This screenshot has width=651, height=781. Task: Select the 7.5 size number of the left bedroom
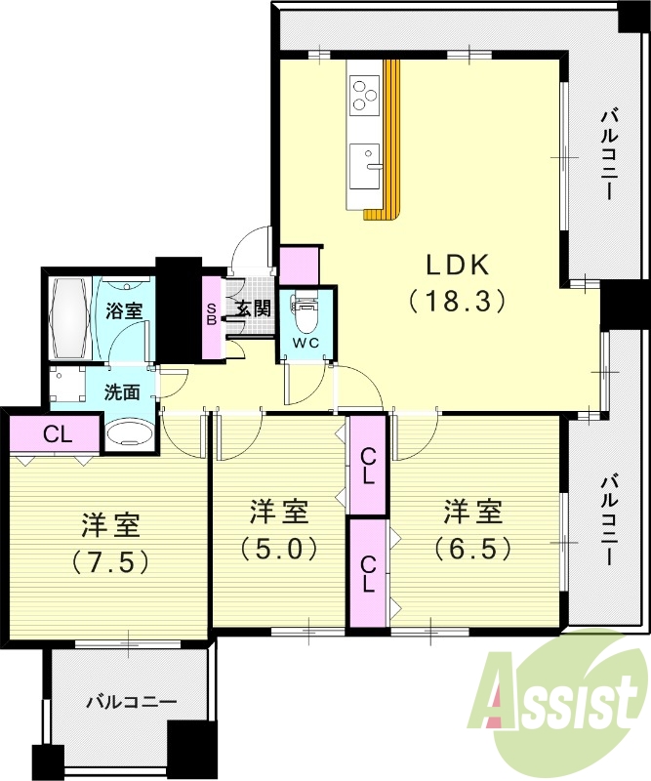[109, 563]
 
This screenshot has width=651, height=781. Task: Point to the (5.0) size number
[280, 548]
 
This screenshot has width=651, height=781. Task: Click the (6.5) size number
[474, 548]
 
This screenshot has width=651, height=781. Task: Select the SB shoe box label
[211, 314]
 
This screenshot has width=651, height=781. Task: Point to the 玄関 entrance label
[253, 309]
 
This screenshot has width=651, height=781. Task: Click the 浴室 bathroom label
[124, 310]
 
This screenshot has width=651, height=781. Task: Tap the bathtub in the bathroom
[69, 317]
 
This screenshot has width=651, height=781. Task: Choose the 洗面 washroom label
[123, 391]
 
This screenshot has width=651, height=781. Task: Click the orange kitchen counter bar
[391, 137]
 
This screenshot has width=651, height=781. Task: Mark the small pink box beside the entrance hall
[298, 265]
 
